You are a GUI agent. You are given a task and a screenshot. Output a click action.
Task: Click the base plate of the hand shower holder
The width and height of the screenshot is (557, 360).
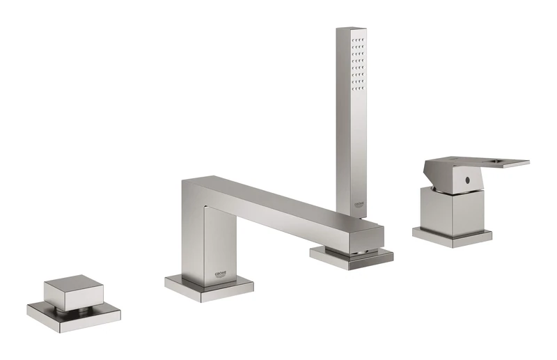point(351,257)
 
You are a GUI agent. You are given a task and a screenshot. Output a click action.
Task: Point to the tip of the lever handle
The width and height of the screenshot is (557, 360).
point(526,164)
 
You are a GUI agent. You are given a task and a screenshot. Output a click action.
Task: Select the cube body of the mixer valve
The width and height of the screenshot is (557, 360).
point(453,209)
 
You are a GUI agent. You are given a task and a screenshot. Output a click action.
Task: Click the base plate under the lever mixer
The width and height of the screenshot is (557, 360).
point(452,236)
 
